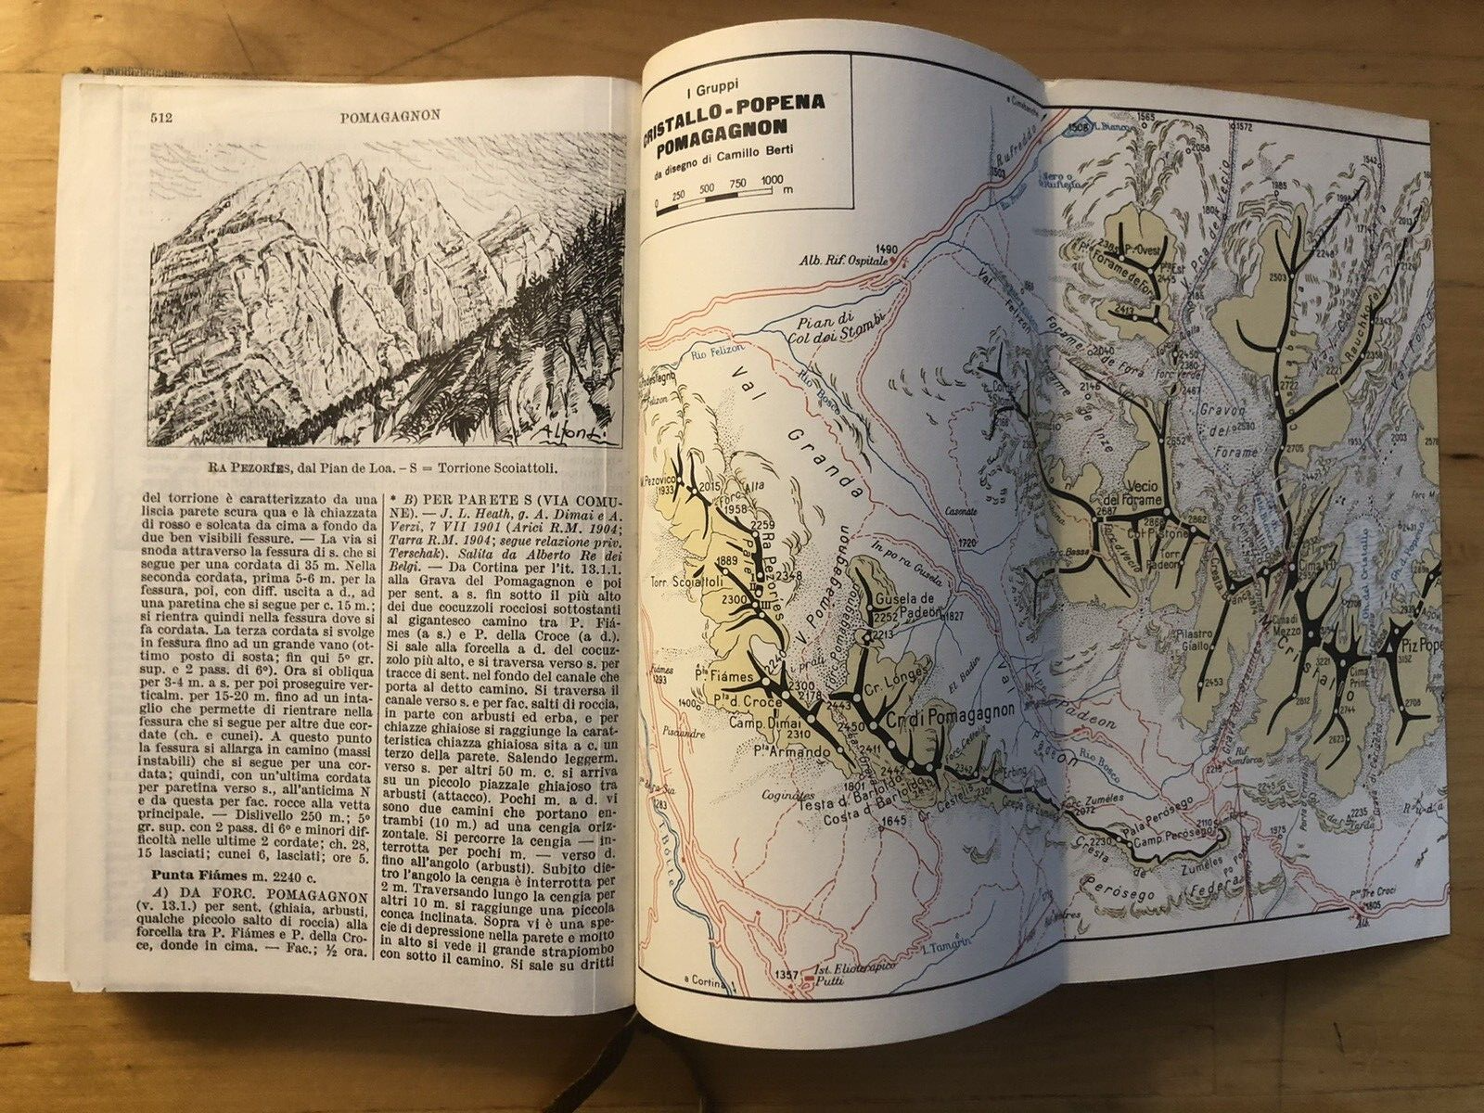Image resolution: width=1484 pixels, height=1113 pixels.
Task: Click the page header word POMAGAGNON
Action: [390, 116]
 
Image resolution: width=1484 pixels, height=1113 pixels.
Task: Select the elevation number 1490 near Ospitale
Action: [888, 250]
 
